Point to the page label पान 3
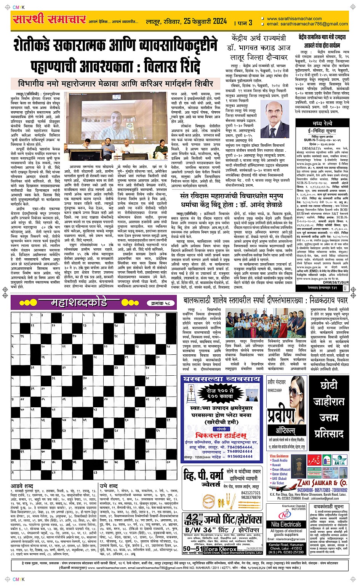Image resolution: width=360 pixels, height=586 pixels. pos(244,22)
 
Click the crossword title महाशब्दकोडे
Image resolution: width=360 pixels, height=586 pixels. pos(79,303)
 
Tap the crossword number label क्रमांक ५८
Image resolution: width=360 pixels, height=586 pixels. pos(160,303)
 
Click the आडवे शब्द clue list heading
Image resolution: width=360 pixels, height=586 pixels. pos(22,486)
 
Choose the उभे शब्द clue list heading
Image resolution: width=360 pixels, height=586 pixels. pos(109,486)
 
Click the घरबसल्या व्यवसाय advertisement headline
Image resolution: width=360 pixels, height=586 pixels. pos(222,379)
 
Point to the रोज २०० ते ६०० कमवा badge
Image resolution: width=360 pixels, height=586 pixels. pos(222,394)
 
